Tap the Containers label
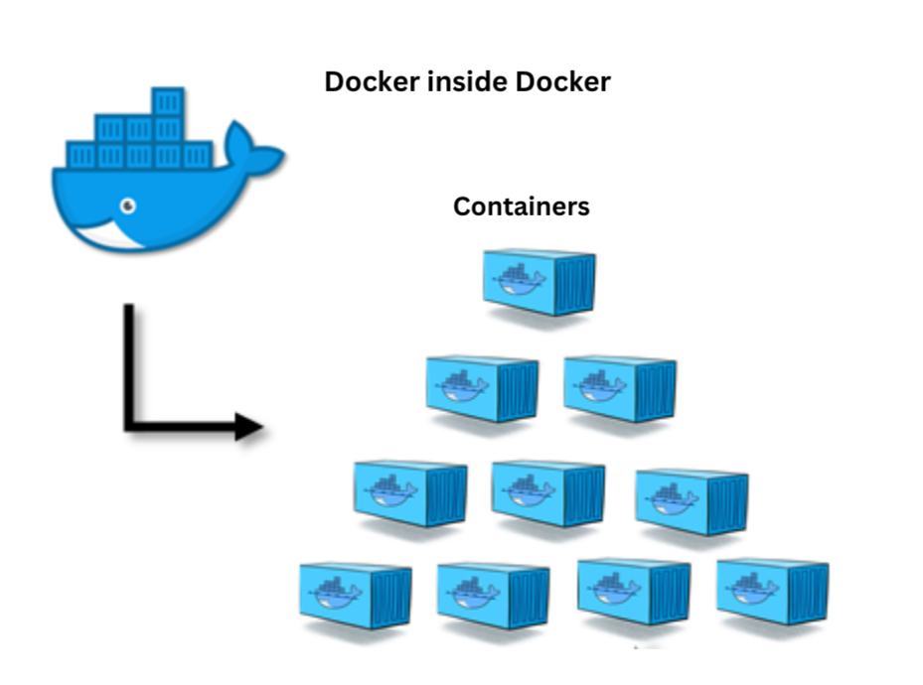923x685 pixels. (x=521, y=206)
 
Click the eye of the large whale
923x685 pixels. (x=128, y=205)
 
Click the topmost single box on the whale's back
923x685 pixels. (x=168, y=103)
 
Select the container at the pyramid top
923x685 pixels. (x=539, y=282)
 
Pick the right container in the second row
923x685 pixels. (x=620, y=387)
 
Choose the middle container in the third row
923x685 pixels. (x=548, y=492)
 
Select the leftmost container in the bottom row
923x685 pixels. (x=356, y=596)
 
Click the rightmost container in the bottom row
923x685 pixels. (x=772, y=592)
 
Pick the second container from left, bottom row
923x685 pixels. (x=493, y=596)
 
